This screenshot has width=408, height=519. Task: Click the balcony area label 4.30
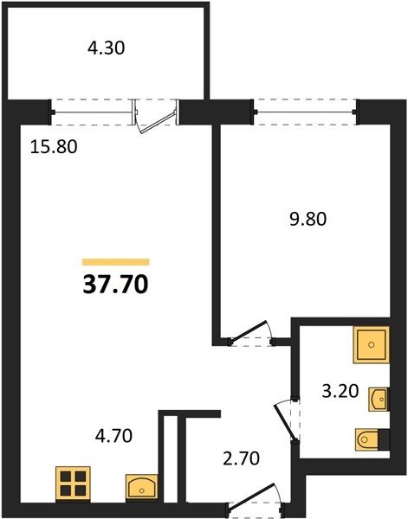106,48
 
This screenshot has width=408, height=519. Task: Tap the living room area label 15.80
54,147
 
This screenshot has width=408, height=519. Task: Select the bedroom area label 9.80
308,219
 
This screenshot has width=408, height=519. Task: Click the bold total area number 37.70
115,285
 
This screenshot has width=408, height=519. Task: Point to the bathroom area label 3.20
340,391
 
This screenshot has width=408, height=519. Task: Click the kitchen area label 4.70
113,436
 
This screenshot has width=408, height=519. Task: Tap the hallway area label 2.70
241,458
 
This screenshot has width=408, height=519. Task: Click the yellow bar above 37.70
116,262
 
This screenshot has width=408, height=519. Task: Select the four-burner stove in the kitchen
73,484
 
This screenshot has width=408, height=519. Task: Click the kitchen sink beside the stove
142,486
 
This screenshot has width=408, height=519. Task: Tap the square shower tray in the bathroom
371,345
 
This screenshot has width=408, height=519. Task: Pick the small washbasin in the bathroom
379,399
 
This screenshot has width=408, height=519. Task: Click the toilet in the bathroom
367,439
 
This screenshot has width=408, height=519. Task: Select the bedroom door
249,330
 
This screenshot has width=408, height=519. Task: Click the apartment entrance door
253,495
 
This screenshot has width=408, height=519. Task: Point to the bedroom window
305,112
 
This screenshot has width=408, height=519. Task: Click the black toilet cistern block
384,439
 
